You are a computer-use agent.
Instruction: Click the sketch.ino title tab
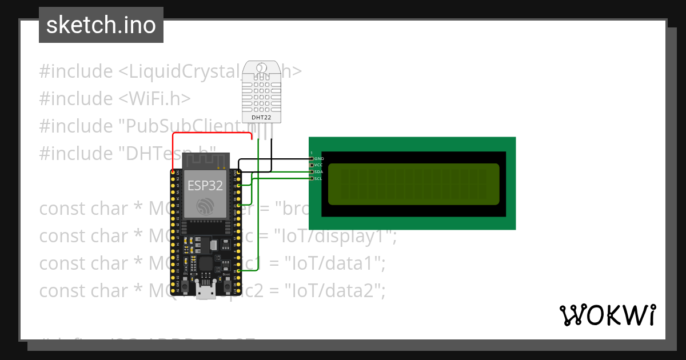(x=101, y=25)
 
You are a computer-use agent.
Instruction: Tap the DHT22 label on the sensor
(x=262, y=118)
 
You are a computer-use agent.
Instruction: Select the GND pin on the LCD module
(x=312, y=158)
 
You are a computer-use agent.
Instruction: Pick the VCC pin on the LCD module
(x=312, y=165)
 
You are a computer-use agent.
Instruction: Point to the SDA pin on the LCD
(x=312, y=172)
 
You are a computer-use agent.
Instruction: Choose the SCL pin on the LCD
(x=312, y=178)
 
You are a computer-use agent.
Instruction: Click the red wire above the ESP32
(x=212, y=134)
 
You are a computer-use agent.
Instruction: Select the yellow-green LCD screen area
(x=413, y=184)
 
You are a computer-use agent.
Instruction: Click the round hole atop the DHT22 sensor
(x=262, y=69)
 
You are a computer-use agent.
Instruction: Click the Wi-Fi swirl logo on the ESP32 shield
(x=205, y=207)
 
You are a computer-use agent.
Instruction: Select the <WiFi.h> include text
(x=154, y=99)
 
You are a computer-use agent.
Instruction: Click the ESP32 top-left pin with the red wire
(x=173, y=172)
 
